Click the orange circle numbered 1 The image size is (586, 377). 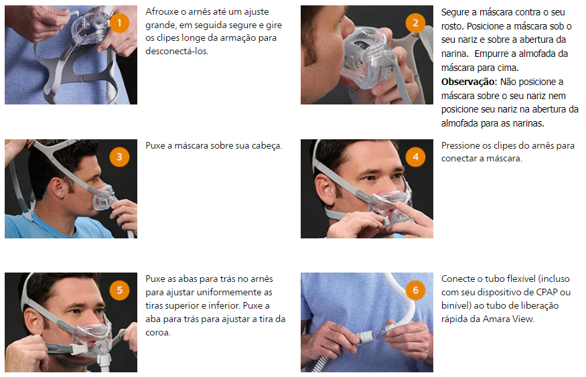pyautogui.click(x=119, y=23)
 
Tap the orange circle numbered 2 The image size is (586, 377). pyautogui.click(x=415, y=23)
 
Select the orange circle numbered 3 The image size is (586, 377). pyautogui.click(x=119, y=157)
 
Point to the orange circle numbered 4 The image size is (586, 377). pyautogui.click(x=415, y=157)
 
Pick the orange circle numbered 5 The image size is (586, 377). pyautogui.click(x=119, y=291)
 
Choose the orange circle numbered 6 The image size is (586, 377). pyautogui.click(x=415, y=291)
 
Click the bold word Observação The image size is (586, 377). pyautogui.click(x=469, y=82)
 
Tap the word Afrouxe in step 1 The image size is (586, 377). pyautogui.click(x=162, y=12)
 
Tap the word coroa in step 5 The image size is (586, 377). pyautogui.click(x=157, y=333)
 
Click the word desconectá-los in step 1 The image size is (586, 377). pyautogui.click(x=177, y=51)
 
